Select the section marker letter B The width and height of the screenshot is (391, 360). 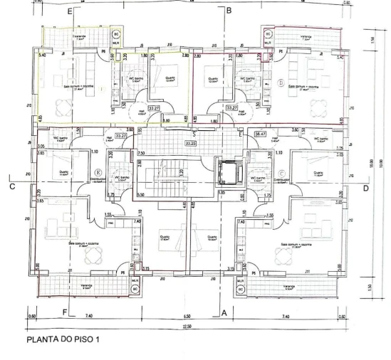[x=229, y=11]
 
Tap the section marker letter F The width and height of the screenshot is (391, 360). [x=65, y=312]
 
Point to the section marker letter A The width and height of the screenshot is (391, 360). [x=222, y=312]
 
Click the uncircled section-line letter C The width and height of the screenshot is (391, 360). [x=13, y=188]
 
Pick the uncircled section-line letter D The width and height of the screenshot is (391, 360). [x=365, y=188]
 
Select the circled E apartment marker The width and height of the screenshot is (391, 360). [x=97, y=171]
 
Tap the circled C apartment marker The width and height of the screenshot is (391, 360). [x=283, y=171]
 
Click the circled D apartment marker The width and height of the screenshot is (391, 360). [x=281, y=83]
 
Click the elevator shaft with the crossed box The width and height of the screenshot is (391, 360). [x=229, y=171]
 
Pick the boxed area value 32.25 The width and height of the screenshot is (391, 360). [x=189, y=143]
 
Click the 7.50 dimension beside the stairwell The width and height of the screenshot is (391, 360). [x=141, y=153]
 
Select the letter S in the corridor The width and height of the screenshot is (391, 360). [x=193, y=134]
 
